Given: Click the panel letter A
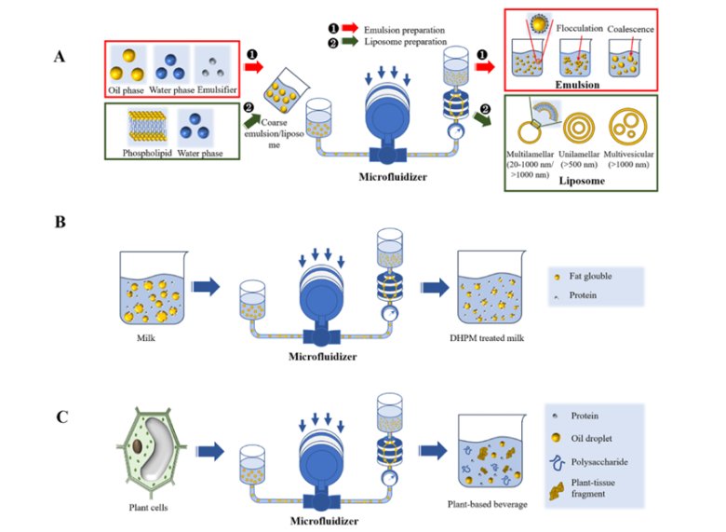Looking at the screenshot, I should (x=60, y=57).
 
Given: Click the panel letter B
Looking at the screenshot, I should (x=60, y=225).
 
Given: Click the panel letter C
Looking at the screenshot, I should (x=60, y=416).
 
